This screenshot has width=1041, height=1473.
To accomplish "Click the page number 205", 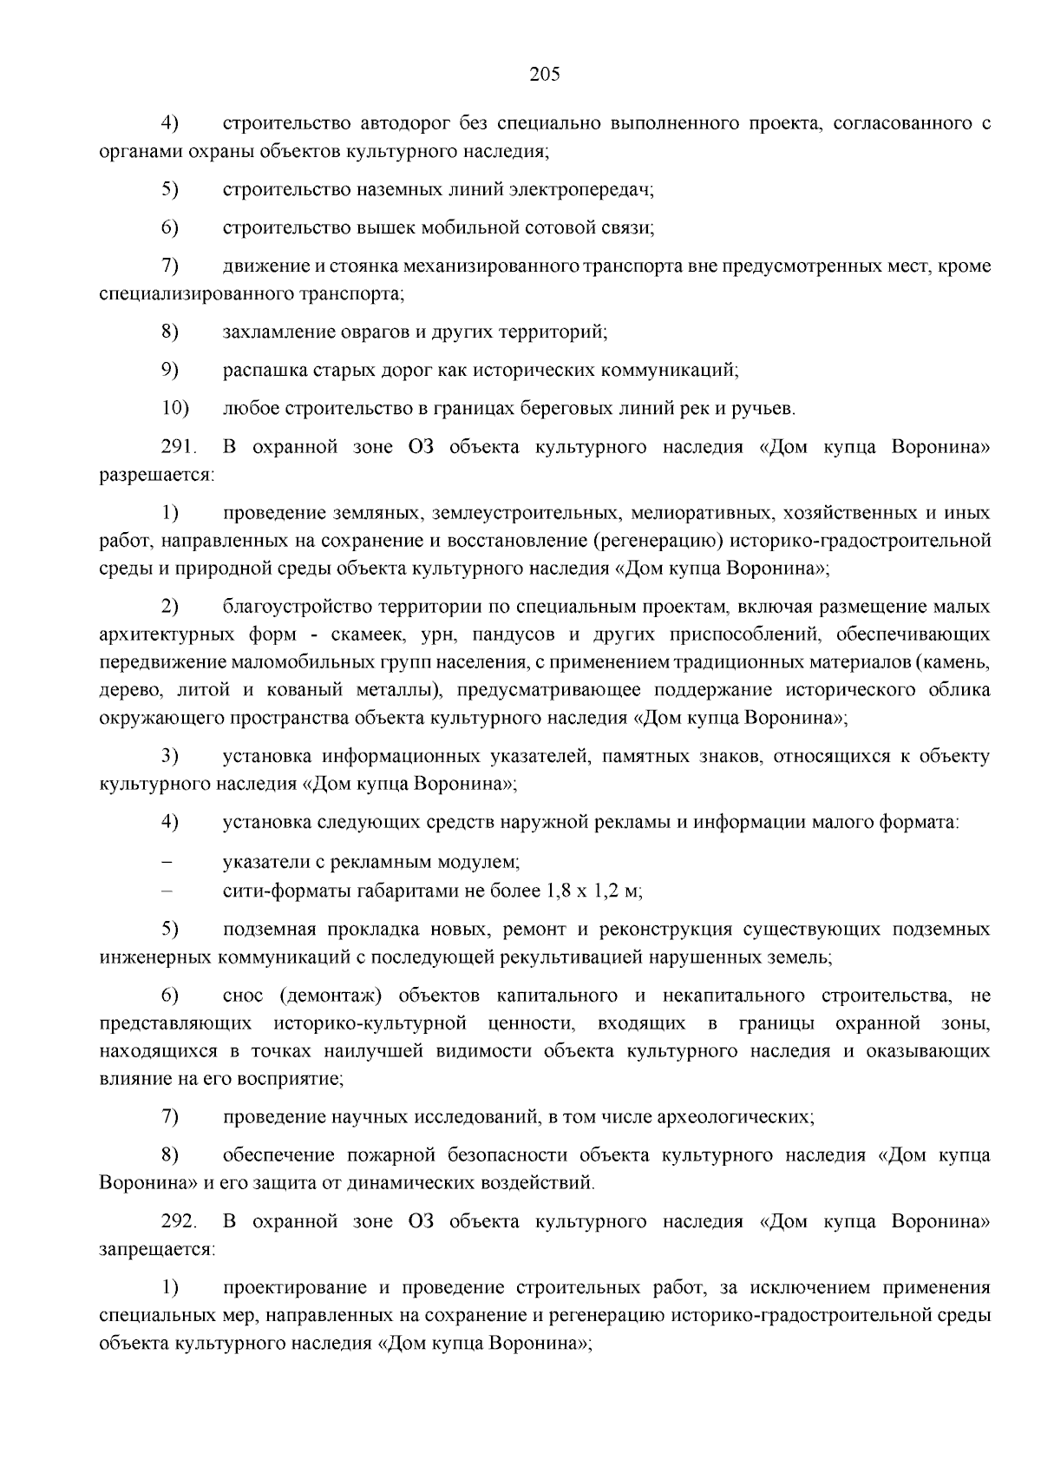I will pos(545,74).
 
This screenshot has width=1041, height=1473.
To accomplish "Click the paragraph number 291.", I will pos(179,447).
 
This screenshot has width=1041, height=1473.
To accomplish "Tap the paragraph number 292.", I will pos(179,1221).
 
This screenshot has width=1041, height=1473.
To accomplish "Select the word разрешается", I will pos(157,475).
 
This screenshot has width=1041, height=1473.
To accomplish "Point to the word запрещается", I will pos(157,1249).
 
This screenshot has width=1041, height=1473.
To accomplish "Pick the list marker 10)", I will pos(175,408).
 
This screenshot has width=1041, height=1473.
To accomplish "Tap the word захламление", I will pos(274,332).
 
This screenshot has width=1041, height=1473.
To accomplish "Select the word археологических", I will pos(744,1116).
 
